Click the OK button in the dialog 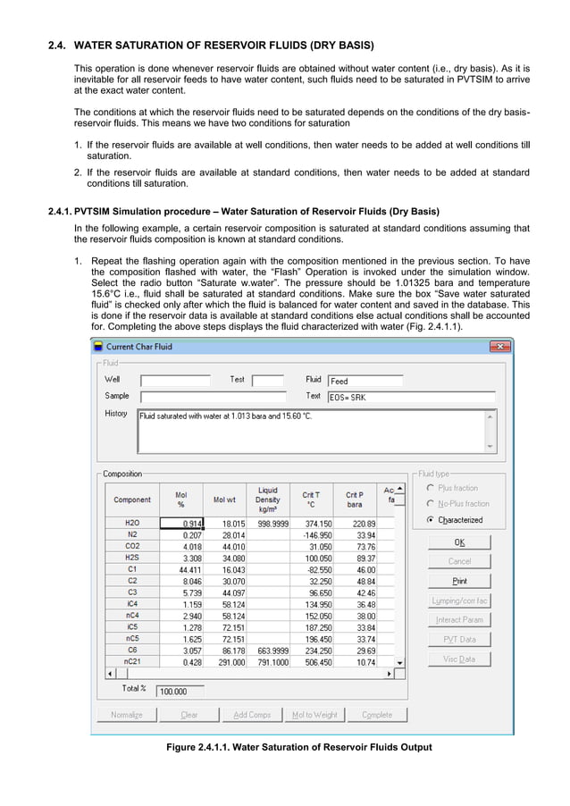[459, 542]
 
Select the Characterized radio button [431, 519]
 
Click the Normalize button [126, 715]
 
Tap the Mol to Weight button [314, 715]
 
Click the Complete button [376, 715]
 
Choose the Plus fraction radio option [431, 488]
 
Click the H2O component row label [132, 523]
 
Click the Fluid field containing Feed [365, 381]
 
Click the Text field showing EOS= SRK [410, 397]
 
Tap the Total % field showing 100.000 [180, 691]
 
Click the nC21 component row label [132, 662]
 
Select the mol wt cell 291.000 [226, 662]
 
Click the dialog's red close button [504, 346]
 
